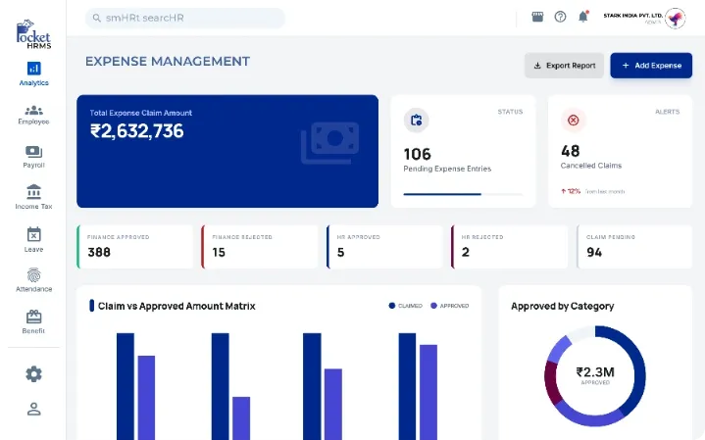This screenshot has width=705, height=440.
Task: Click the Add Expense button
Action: coord(651,66)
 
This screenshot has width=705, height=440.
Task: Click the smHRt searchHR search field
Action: coord(185,18)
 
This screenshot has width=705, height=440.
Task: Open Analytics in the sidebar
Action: coord(33,73)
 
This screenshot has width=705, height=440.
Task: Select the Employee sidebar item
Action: coord(33,115)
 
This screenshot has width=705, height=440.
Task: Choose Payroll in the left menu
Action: coord(33,157)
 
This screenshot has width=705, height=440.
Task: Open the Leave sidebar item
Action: coord(33,239)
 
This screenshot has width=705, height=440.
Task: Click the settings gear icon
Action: coord(33,373)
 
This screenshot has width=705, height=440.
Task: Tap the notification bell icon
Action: coord(583,17)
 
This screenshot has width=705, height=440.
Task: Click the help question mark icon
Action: coord(560,17)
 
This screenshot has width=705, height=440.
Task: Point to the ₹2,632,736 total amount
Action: coord(136,131)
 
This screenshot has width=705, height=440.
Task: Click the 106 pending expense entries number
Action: coord(418,153)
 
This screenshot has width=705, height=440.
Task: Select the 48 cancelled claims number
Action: coord(570,151)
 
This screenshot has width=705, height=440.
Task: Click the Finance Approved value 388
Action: coord(98,252)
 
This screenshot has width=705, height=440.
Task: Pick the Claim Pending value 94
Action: coord(593,252)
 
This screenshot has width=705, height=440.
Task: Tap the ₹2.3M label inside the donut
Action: coord(594,372)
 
